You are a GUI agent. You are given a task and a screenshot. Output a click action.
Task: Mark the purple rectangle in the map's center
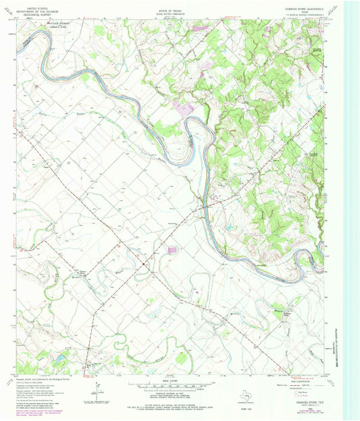172,250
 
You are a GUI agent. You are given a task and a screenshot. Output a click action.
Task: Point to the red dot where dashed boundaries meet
144,264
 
